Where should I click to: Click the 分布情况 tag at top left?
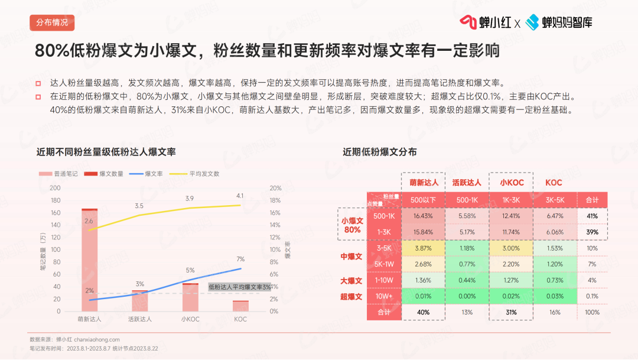click(x=52, y=23)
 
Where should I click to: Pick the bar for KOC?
click(x=240, y=306)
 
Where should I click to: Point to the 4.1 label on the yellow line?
click(x=239, y=196)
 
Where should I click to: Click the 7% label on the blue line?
click(x=240, y=259)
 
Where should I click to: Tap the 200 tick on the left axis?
click(x=55, y=188)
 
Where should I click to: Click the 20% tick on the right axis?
click(x=276, y=188)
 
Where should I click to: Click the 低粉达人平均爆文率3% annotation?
click(x=240, y=287)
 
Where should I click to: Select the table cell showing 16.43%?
click(x=424, y=216)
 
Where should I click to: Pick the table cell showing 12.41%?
click(x=510, y=216)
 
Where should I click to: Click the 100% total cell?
click(x=592, y=312)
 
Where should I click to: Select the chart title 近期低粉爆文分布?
click(x=379, y=152)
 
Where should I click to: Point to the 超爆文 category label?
click(x=351, y=297)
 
